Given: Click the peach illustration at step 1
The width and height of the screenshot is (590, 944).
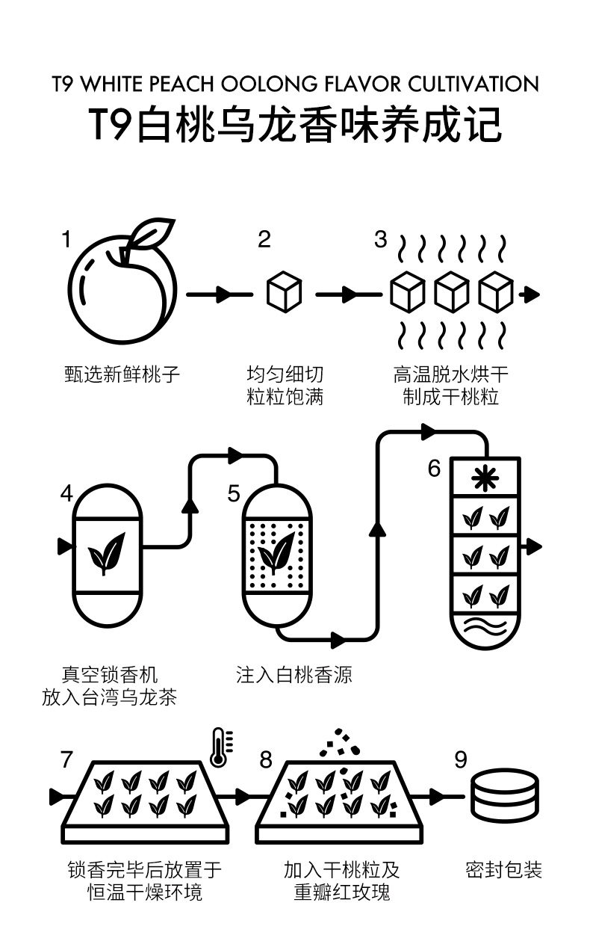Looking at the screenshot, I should click(122, 287).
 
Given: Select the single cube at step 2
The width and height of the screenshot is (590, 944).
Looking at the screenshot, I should click(285, 292).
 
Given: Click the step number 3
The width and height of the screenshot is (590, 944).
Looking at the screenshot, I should click(381, 240).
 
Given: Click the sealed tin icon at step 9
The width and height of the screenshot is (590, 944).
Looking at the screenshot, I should click(505, 795).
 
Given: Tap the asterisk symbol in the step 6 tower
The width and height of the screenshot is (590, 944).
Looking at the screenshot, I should click(485, 478).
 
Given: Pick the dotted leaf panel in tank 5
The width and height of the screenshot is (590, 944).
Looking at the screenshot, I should click(277, 556).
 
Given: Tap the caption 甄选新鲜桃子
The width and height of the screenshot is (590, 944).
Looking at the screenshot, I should click(122, 374).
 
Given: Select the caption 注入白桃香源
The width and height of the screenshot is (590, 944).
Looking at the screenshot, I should click(294, 675).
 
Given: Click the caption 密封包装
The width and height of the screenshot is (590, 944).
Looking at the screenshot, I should click(504, 870).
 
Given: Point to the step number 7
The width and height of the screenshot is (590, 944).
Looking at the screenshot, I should click(67, 760).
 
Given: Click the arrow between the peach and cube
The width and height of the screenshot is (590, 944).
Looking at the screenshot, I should click(220, 294).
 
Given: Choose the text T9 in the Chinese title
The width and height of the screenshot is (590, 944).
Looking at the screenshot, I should click(113, 124).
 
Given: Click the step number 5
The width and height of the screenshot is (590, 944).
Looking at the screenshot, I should click(234, 493).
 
